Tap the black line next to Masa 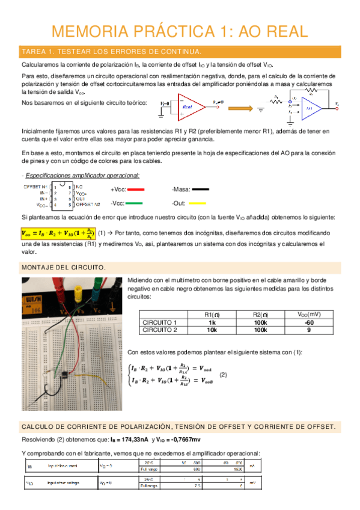coord(200,189)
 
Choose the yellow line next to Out coord(200,203)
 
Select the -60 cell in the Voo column coord(308,322)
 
